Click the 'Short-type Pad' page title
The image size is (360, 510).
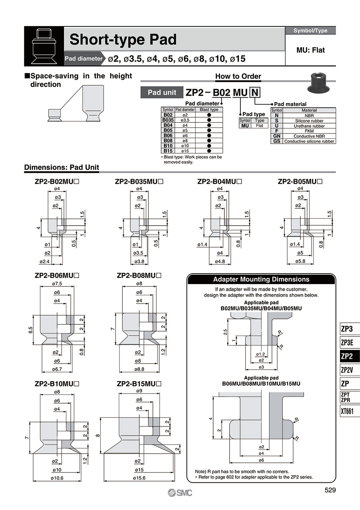click(123, 40)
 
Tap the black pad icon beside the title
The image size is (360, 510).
click(44, 46)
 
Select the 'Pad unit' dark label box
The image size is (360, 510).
click(162, 92)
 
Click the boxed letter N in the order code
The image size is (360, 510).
click(255, 93)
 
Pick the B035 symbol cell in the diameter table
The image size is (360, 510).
click(168, 120)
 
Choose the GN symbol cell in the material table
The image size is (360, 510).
click(276, 136)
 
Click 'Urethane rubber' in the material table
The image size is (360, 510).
click(309, 126)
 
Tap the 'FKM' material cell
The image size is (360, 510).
click(309, 131)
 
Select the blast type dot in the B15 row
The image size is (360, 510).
click(209, 151)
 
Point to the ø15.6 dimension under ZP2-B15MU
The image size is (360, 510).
click(139, 478)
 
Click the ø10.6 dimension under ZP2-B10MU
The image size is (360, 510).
click(58, 478)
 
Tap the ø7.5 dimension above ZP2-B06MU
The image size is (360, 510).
click(59, 284)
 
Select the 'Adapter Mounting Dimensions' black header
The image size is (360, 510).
click(262, 280)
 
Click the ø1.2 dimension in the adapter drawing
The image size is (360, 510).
click(260, 354)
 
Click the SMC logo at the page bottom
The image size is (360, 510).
click(180, 493)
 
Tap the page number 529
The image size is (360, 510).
click(330, 490)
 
